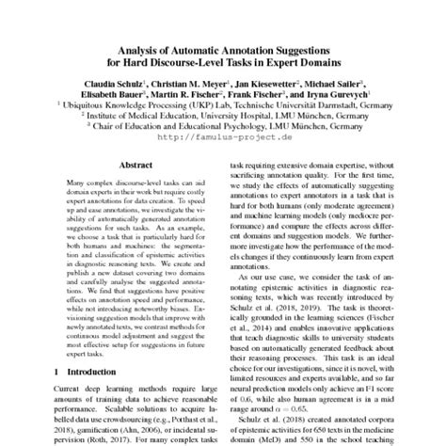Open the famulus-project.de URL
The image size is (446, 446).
[222, 135]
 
